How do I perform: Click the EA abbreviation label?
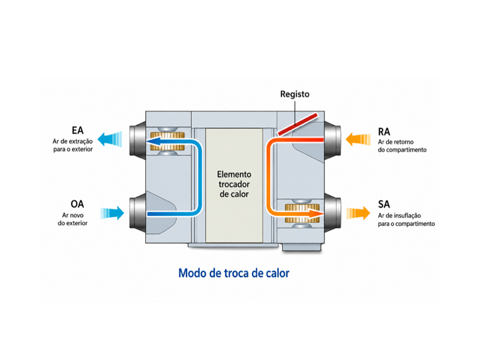coord(77,130)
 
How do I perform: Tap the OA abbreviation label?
coord(77,204)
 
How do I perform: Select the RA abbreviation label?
coord(384,132)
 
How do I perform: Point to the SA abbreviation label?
coord(384,204)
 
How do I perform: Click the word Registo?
coord(295,94)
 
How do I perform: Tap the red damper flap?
coord(298,124)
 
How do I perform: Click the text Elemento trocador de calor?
coord(234,184)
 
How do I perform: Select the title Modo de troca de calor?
coord(234,273)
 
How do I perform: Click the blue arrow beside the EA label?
coord(110,139)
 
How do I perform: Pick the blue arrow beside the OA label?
coord(112,213)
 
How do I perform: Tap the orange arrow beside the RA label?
coord(358,139)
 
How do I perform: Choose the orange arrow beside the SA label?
coord(358,213)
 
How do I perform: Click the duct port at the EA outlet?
coord(137,140)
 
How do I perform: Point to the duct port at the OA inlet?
coord(137,213)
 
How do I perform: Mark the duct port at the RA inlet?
coord(332,140)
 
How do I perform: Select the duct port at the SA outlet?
coord(332,213)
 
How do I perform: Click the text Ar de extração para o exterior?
coord(73,145)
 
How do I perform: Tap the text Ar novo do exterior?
coord(73,219)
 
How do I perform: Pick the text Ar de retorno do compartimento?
coord(402,146)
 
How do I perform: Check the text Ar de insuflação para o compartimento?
coord(406,220)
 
